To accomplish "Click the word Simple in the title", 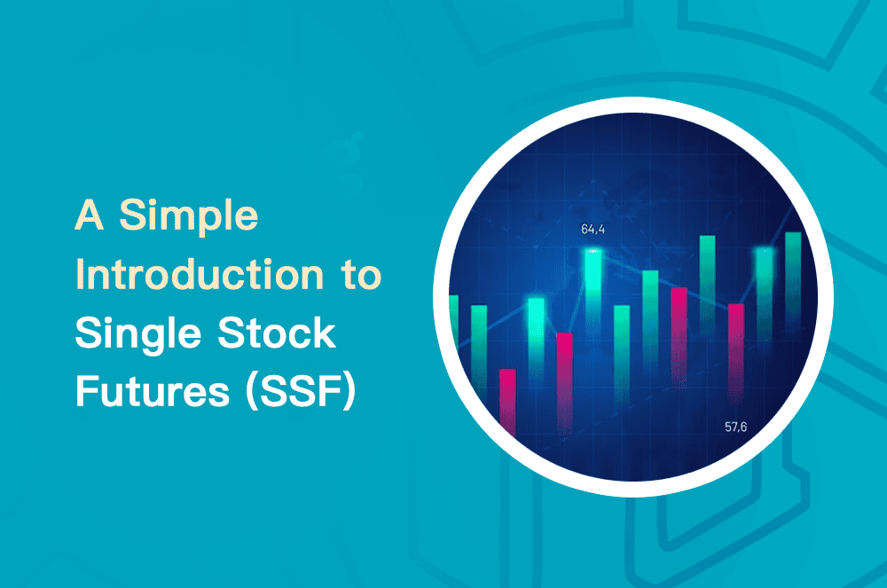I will click(190, 216).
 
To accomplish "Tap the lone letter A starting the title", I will click(90, 216).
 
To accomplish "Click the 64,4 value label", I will click(593, 230).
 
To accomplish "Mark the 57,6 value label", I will click(735, 427).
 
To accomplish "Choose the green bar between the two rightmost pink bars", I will click(707, 284).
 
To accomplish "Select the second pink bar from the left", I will click(564, 377).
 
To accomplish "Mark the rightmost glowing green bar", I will click(764, 284).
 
